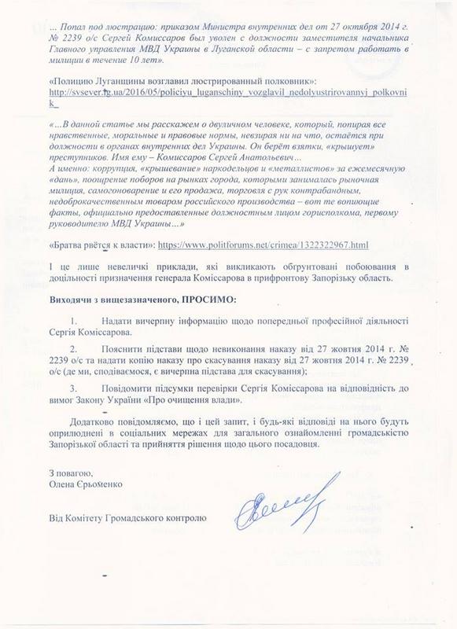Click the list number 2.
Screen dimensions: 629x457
click(94, 369)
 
